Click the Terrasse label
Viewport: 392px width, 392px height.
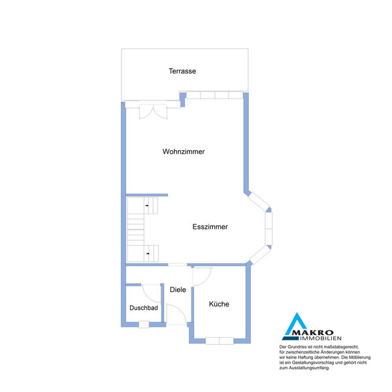click(x=182, y=71)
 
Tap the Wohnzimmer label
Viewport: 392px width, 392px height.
click(x=184, y=152)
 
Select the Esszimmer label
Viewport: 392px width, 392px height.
click(x=210, y=227)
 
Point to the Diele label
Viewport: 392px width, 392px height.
click(x=178, y=289)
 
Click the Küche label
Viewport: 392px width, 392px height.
click(x=219, y=304)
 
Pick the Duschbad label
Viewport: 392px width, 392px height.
click(x=144, y=308)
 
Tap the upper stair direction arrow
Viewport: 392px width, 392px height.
click(x=147, y=206)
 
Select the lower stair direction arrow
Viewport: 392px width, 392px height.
click(x=148, y=253)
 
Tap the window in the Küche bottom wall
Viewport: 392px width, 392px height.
click(x=220, y=341)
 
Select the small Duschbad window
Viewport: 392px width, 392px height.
click(x=144, y=325)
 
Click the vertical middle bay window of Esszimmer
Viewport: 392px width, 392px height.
click(x=269, y=229)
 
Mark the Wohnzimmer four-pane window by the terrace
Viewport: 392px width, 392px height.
click(x=214, y=95)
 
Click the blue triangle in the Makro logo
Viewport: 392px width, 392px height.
click(x=296, y=324)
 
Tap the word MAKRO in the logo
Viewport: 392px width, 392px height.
click(x=313, y=333)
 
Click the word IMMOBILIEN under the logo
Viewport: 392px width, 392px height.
click(x=321, y=338)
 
